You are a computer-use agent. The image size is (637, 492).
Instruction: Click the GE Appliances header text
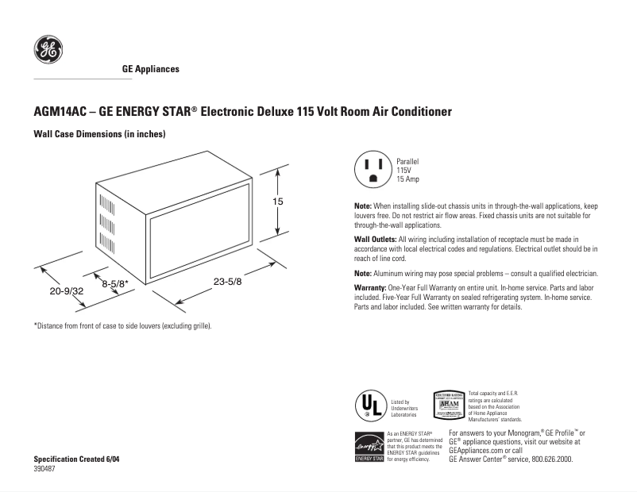coord(150,69)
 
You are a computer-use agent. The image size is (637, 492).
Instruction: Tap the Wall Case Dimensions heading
coord(98,134)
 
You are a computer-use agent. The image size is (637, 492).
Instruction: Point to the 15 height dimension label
coord(278,202)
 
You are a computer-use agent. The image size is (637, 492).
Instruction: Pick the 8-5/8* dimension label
coord(115,282)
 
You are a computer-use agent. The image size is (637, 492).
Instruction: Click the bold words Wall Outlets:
coord(376,239)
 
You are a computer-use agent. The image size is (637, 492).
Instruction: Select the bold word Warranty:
coord(369,286)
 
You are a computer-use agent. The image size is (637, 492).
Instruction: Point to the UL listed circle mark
coord(368,406)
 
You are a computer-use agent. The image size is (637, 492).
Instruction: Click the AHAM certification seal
coord(448,405)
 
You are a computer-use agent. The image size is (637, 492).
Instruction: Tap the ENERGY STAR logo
coord(369,446)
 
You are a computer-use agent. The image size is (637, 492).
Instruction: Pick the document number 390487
coord(45,469)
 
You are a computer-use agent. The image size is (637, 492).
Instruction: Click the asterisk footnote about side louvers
coord(122,326)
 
